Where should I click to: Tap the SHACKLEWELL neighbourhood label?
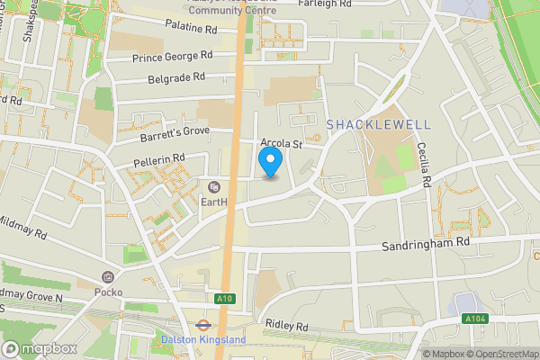click(x=379, y=124)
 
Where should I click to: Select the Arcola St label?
click(x=280, y=143)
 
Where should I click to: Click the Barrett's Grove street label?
click(x=175, y=133)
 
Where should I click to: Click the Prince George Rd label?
click(x=172, y=56)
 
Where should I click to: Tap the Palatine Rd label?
click(x=192, y=29)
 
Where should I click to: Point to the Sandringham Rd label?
click(x=426, y=243)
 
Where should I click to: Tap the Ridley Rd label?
click(x=287, y=324)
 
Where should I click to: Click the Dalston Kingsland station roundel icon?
click(x=203, y=325)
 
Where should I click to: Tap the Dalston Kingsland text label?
click(x=203, y=339)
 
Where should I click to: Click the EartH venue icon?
click(x=213, y=188)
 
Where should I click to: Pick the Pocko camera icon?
click(x=108, y=277)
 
